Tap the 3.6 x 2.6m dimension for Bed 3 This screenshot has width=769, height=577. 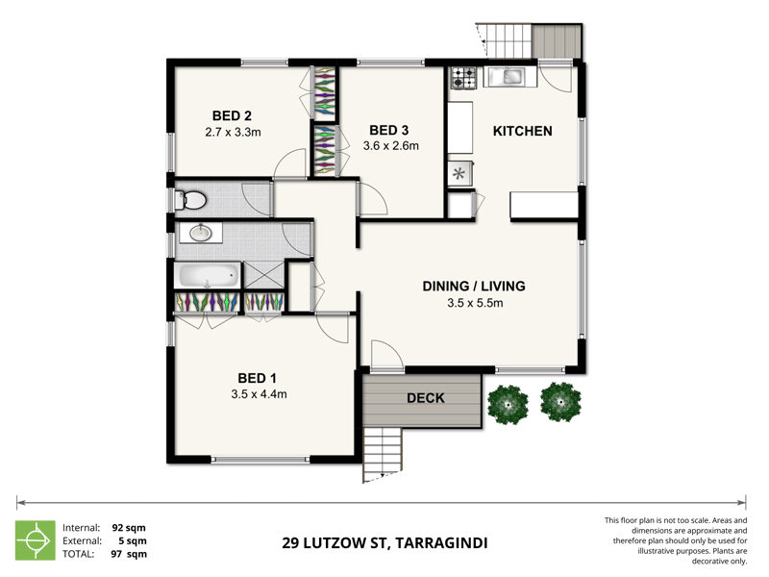[390, 146]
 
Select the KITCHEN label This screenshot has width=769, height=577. [522, 131]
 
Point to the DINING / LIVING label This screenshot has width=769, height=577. [475, 286]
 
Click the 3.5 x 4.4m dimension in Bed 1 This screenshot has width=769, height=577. [260, 393]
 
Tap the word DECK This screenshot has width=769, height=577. [425, 398]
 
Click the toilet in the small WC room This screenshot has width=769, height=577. [192, 200]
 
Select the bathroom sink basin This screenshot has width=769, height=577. [201, 233]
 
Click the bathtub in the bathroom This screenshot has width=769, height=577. [207, 276]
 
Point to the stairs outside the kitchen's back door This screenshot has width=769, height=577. [506, 40]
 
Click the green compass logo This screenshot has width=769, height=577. [37, 540]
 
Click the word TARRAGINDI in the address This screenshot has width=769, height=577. [440, 543]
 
